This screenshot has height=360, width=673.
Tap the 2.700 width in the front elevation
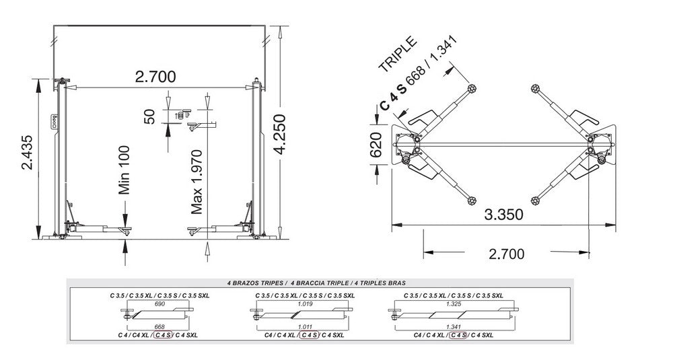pyautogui.click(x=155, y=77)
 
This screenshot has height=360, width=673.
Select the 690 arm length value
pyautogui.click(x=160, y=304)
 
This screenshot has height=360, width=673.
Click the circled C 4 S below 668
pyautogui.click(x=162, y=334)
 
